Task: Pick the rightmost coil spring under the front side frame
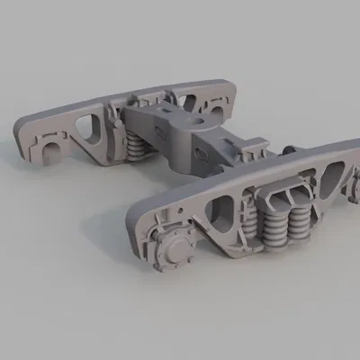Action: coord(299,216)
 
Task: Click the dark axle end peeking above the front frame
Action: coord(290,149)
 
